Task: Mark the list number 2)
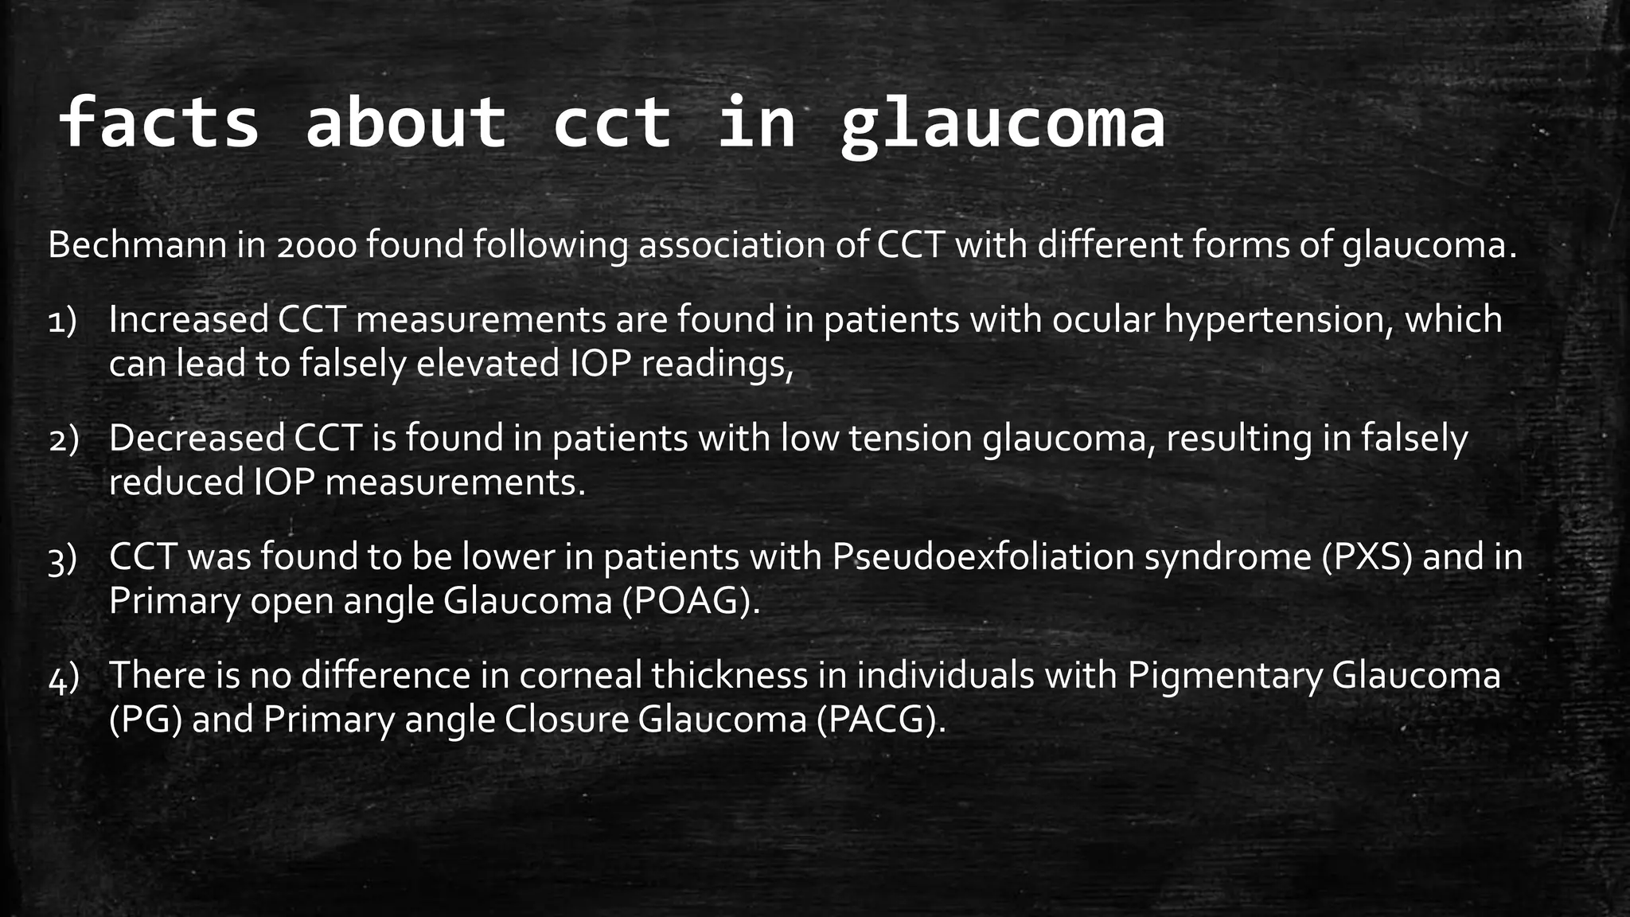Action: (64, 440)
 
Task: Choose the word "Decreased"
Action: (197, 439)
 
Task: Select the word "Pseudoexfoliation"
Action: (983, 557)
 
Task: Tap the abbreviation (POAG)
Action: (691, 601)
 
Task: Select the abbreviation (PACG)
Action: (881, 720)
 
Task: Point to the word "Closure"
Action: (566, 720)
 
